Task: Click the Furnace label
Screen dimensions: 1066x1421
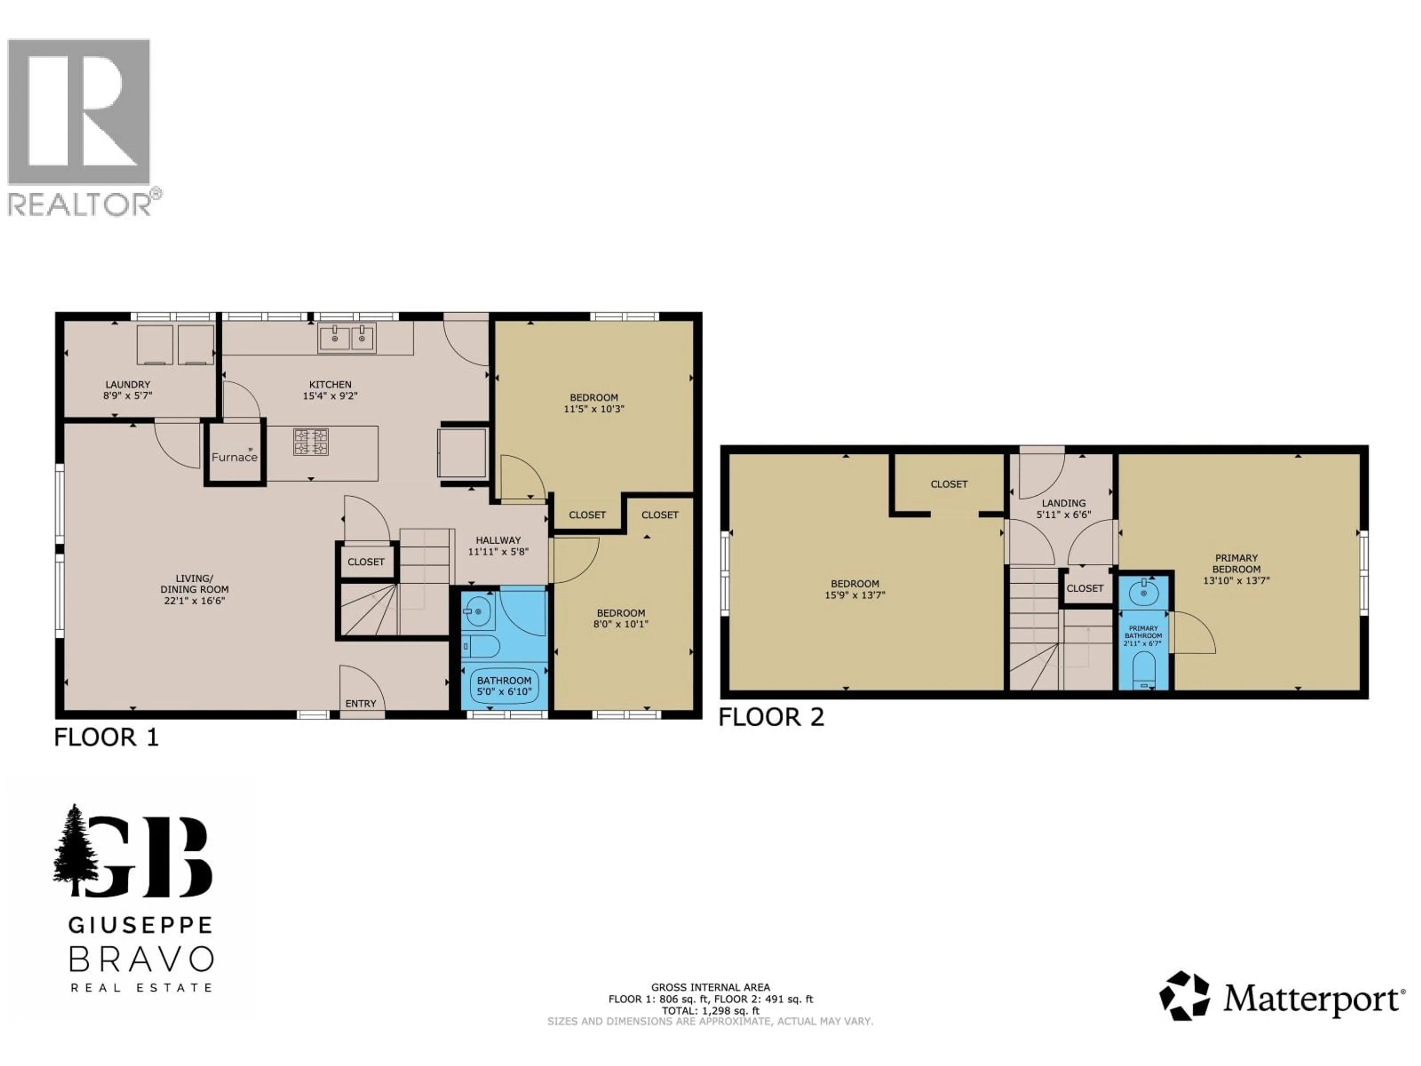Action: click(x=235, y=457)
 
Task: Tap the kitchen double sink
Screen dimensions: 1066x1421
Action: click(x=347, y=338)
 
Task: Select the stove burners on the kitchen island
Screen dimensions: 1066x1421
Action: click(x=311, y=442)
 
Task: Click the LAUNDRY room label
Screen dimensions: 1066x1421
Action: click(x=128, y=384)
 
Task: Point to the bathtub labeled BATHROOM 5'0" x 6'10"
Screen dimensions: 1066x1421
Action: click(x=504, y=685)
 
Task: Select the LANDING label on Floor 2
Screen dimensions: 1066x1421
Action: click(x=1064, y=503)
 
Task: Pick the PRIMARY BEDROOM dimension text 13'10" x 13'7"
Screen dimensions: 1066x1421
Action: click(x=1236, y=580)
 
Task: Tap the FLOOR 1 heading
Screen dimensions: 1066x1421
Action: click(x=106, y=737)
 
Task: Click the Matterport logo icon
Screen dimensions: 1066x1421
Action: click(x=1184, y=996)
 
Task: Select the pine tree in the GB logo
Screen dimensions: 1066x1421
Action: click(x=76, y=848)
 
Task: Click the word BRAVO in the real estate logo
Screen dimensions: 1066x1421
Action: click(x=141, y=959)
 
